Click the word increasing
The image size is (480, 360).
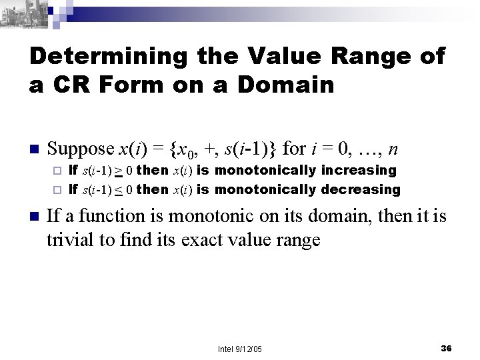pyautogui.click(x=359, y=171)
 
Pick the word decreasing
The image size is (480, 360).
pyautogui.click(x=361, y=189)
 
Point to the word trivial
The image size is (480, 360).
pyautogui.click(x=69, y=239)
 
